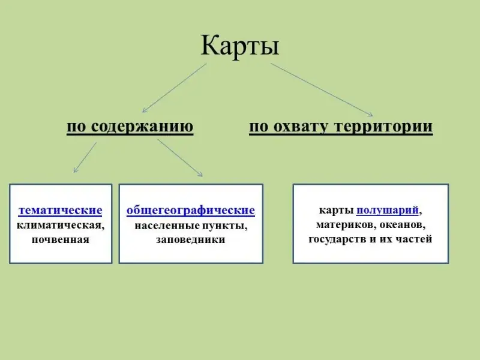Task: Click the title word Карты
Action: (x=239, y=46)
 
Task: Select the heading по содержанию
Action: (x=130, y=127)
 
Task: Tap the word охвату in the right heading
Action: (x=300, y=127)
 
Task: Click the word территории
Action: (x=383, y=126)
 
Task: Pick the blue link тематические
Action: (x=61, y=211)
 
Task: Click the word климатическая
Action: (x=61, y=226)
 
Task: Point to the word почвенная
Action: (x=61, y=239)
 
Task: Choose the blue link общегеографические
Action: (x=191, y=211)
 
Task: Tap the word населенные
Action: (x=167, y=226)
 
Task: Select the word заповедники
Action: (x=190, y=239)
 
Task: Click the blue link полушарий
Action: (x=387, y=211)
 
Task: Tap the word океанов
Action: (x=402, y=225)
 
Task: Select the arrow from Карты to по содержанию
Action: (x=175, y=88)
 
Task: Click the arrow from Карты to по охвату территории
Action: (x=322, y=90)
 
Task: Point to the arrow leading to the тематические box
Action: (x=85, y=157)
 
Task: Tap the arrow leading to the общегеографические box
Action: (x=179, y=158)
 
